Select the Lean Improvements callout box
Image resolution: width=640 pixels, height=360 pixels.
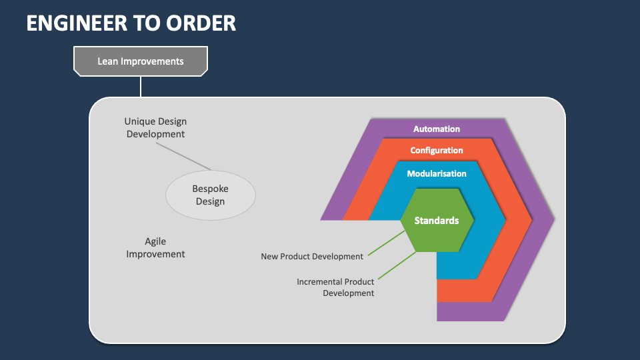pyautogui.click(x=140, y=61)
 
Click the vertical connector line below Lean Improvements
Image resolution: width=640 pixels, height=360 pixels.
pyautogui.click(x=141, y=86)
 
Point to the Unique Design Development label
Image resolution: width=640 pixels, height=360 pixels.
pyautogui.click(x=155, y=128)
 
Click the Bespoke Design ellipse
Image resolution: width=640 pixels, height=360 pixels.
pyautogui.click(x=210, y=195)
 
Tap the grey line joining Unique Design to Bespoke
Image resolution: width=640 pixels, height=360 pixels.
pyautogui.click(x=187, y=156)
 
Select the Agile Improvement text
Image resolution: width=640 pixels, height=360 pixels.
pyautogui.click(x=155, y=248)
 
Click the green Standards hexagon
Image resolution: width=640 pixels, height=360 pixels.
pyautogui.click(x=437, y=221)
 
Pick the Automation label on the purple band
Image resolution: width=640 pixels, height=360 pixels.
pyautogui.click(x=437, y=129)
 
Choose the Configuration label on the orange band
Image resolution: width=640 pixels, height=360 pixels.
pyautogui.click(x=437, y=151)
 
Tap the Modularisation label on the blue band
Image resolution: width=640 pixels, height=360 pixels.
pyautogui.click(x=437, y=173)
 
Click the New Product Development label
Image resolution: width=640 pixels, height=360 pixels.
pyautogui.click(x=312, y=256)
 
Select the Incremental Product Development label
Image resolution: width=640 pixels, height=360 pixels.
pyautogui.click(x=335, y=287)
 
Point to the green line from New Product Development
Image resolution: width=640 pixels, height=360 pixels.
pyautogui.click(x=385, y=244)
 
